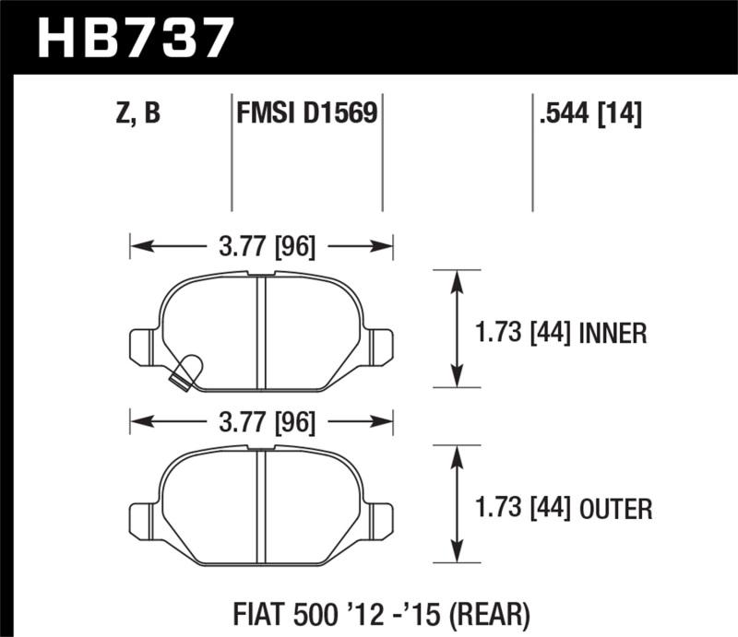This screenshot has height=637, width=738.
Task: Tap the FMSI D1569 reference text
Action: [306, 113]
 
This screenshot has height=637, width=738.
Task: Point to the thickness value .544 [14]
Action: [587, 113]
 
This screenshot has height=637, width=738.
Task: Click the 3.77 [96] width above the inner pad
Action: [262, 246]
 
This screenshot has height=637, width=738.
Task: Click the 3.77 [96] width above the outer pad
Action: [262, 422]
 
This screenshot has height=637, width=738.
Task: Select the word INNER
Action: [613, 332]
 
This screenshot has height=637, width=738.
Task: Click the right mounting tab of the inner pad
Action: [381, 346]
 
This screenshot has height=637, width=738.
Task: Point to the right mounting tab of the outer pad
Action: [381, 521]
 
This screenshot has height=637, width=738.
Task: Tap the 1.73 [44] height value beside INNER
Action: [525, 332]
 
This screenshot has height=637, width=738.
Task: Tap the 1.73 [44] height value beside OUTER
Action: [525, 508]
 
